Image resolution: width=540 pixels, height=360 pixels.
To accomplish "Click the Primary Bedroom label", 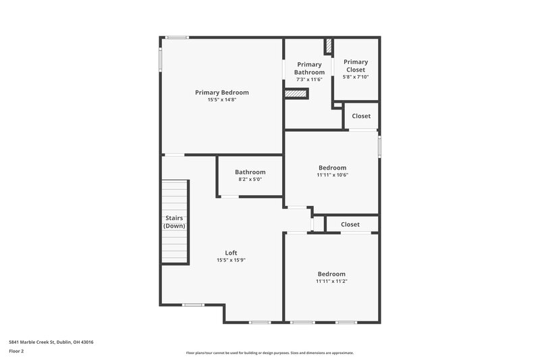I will tap(221, 93).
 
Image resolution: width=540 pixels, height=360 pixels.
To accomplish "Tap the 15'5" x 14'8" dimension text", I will tap(221, 100).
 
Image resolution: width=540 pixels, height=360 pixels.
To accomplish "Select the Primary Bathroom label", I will tap(309, 68).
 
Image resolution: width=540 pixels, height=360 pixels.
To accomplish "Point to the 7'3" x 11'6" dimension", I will tap(309, 80).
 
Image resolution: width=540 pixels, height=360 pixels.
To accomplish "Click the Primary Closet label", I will tap(356, 66).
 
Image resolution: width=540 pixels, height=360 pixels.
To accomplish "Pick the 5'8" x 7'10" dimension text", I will tap(356, 77).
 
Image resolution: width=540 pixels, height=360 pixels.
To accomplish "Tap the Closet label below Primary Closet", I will tap(361, 116).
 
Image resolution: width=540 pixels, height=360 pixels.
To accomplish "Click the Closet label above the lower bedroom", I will tap(350, 224).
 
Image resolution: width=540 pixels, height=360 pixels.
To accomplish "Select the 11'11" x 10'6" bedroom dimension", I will tap(332, 175).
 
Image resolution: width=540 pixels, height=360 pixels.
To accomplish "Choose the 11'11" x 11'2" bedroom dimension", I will tap(332, 281).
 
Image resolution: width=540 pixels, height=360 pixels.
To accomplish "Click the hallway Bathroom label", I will tap(250, 172).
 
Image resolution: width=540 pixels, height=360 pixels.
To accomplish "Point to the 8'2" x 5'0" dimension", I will tap(250, 180).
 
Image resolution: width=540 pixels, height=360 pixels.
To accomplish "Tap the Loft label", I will tap(231, 253).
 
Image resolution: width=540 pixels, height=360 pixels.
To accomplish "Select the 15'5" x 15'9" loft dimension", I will tap(231, 260).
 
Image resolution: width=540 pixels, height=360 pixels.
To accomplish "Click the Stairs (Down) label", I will tap(174, 222).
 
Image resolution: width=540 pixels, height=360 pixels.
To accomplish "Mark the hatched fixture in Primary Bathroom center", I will tap(296, 94).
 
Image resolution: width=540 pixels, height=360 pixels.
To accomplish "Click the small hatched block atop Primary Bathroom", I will tap(329, 47).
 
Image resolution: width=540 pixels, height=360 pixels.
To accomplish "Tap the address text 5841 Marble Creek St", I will tap(51, 342).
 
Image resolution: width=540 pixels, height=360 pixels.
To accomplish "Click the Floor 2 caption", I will tap(16, 351).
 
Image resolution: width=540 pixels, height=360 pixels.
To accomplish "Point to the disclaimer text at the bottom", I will tap(269, 353).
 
